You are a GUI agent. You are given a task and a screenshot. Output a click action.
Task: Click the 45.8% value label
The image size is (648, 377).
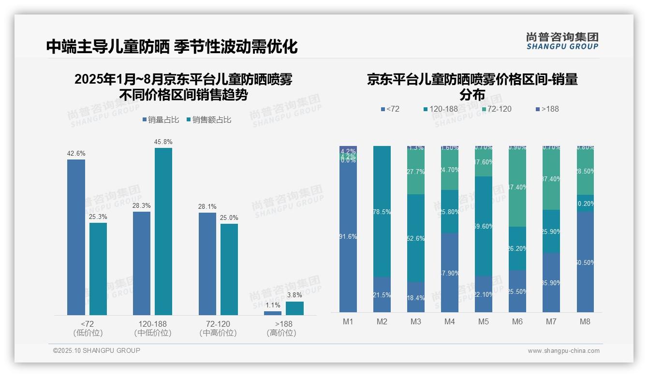click(x=163, y=142)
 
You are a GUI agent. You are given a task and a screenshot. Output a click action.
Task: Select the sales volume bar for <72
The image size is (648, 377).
click(x=76, y=237)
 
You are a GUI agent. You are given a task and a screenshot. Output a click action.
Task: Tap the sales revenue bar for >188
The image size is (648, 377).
click(x=295, y=308)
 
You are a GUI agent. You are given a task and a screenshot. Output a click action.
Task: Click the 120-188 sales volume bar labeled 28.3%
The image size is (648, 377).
click(x=142, y=263)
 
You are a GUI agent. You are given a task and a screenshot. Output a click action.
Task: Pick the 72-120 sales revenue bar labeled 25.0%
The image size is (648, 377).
click(x=229, y=269)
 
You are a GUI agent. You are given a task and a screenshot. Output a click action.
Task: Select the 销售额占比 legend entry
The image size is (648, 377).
click(x=208, y=120)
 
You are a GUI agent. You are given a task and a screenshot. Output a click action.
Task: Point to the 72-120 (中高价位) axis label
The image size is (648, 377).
click(x=218, y=328)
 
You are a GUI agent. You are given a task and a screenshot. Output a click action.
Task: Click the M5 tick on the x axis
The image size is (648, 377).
click(x=484, y=321)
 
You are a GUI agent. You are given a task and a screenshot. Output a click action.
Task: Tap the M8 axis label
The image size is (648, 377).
click(x=585, y=321)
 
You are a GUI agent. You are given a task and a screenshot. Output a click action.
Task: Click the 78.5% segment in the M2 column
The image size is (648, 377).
click(x=382, y=211)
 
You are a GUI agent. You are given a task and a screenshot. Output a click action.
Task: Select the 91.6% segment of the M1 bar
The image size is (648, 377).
click(x=348, y=237)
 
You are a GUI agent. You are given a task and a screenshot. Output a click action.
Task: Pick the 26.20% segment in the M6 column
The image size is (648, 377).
click(x=517, y=248)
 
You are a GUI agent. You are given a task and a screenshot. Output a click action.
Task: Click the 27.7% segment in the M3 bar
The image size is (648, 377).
click(x=416, y=172)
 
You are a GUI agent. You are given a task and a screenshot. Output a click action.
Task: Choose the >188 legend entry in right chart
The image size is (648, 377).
click(x=547, y=109)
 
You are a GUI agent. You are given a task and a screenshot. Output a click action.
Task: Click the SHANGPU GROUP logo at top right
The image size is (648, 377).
click(x=562, y=41)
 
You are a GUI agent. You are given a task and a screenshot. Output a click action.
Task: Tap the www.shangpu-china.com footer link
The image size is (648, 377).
click(x=563, y=351)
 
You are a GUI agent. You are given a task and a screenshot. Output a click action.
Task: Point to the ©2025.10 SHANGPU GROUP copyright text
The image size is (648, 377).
click(x=97, y=350)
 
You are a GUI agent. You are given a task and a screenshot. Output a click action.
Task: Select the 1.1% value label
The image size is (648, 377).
click(x=273, y=305)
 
